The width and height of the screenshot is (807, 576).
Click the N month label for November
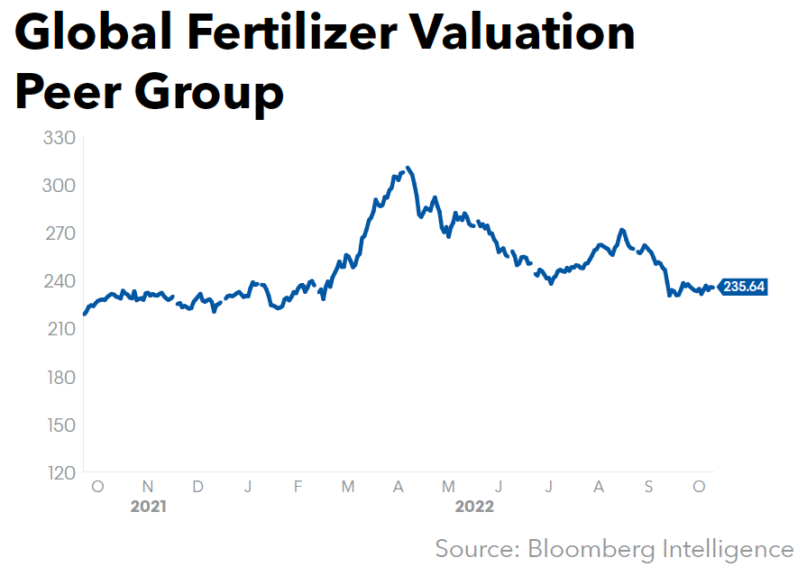pos(148,487)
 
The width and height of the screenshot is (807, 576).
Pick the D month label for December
pos(197,487)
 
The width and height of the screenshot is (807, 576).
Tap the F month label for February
pos(298,487)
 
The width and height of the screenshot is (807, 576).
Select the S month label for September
pos(648,487)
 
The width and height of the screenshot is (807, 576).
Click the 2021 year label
pos(148,507)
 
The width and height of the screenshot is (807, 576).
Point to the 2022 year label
pos(474,507)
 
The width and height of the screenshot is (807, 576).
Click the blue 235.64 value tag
pos(744,288)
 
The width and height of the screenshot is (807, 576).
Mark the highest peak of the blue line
pos(408,168)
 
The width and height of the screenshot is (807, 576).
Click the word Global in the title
pos(101,33)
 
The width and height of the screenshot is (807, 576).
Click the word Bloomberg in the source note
pos(592,548)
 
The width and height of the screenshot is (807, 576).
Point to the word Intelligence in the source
pos(732,548)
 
